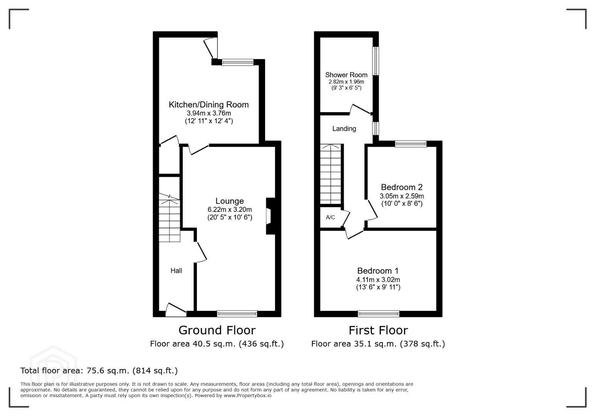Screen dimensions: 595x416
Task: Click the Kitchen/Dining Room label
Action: click(x=209, y=105)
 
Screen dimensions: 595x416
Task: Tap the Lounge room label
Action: click(x=230, y=201)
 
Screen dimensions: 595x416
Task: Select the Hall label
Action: click(x=176, y=270)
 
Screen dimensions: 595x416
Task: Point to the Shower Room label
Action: click(x=346, y=75)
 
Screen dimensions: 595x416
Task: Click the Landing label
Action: click(x=344, y=129)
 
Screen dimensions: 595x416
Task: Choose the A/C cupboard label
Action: click(x=330, y=217)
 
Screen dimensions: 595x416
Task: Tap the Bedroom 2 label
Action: click(x=402, y=187)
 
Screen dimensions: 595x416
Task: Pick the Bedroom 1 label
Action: click(x=378, y=271)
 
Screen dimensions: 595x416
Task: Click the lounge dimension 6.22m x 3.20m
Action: click(x=230, y=210)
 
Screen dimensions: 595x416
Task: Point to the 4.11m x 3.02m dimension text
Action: click(x=378, y=280)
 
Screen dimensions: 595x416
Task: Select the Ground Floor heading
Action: click(x=217, y=330)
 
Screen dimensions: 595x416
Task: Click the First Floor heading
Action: click(x=378, y=330)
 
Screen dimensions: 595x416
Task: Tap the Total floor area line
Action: click(x=99, y=370)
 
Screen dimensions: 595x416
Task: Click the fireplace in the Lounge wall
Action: click(x=271, y=216)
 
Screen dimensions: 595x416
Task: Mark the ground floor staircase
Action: click(x=170, y=217)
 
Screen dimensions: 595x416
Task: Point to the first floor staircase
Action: click(x=330, y=174)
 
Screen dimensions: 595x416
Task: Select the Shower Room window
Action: click(x=376, y=61)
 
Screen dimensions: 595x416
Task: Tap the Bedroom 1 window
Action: click(x=378, y=314)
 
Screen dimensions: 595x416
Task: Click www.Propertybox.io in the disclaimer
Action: click(x=247, y=395)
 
